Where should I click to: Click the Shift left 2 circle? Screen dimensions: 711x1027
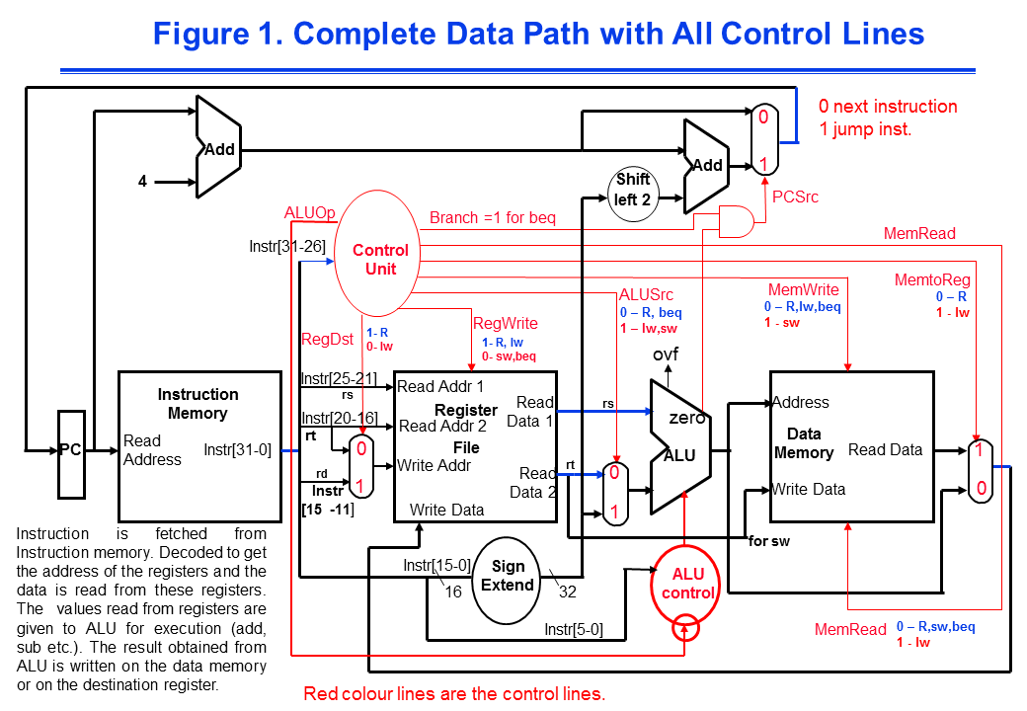point(633,188)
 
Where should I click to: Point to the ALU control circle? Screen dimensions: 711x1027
point(687,584)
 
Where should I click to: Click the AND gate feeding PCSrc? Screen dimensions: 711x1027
point(734,221)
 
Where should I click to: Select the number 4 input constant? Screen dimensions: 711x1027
point(142,182)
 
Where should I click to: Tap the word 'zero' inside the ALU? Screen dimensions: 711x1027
point(686,418)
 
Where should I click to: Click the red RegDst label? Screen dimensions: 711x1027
point(327,340)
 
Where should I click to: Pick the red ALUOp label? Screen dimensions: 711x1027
point(310,213)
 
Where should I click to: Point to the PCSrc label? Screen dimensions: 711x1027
point(795,197)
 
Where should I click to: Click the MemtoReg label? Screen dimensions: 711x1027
point(931,280)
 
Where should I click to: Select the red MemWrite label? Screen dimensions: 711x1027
point(803,290)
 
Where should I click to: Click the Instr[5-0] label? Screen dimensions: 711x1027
point(573,628)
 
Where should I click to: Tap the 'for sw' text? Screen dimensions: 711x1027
point(771,541)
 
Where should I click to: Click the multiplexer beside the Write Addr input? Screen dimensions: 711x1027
point(362,467)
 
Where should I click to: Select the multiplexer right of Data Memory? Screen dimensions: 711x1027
point(979,470)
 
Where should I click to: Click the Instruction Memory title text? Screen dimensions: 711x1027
point(197,404)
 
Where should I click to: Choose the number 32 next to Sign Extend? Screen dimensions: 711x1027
point(567,592)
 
